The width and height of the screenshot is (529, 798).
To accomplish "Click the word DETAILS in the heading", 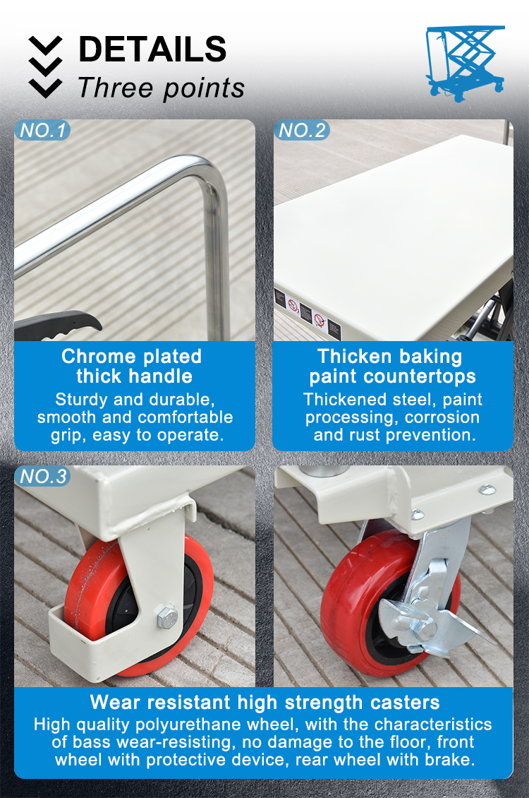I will [x=152, y=49].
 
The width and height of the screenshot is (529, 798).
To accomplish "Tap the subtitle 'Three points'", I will [x=161, y=88].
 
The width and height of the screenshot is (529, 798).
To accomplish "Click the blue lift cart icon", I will [x=466, y=63].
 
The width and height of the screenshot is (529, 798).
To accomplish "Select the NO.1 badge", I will [x=42, y=130].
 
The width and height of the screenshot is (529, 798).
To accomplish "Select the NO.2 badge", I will [x=302, y=130].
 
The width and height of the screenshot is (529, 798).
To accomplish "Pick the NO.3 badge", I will [x=42, y=477].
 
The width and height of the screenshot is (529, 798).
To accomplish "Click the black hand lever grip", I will [x=60, y=326].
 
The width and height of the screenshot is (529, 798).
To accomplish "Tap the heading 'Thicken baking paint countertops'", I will [x=392, y=366].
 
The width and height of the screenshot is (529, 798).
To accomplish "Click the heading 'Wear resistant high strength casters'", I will [x=264, y=702].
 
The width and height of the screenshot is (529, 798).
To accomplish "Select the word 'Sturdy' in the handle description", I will [x=83, y=399].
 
